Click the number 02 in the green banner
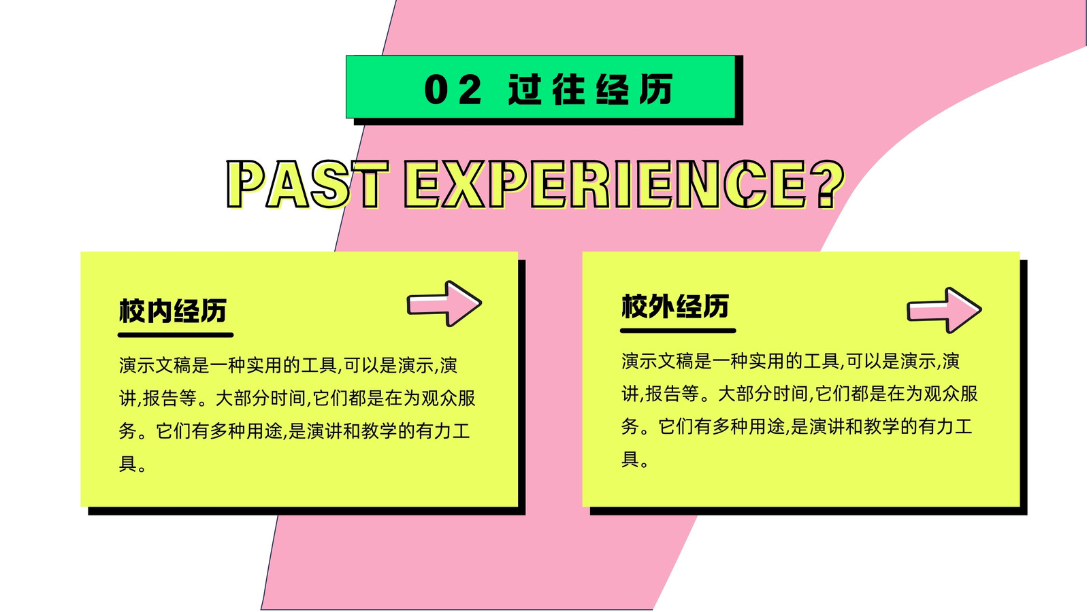453,89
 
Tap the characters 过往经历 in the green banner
590,89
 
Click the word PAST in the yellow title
308,185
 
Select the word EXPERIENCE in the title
606,185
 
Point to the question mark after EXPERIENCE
828,185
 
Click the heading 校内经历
173,311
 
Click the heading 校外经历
674,306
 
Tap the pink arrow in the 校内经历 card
444,304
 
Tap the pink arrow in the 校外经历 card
944,310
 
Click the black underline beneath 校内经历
176,335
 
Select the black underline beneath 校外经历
678,330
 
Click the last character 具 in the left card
127,464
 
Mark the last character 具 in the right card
630,460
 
